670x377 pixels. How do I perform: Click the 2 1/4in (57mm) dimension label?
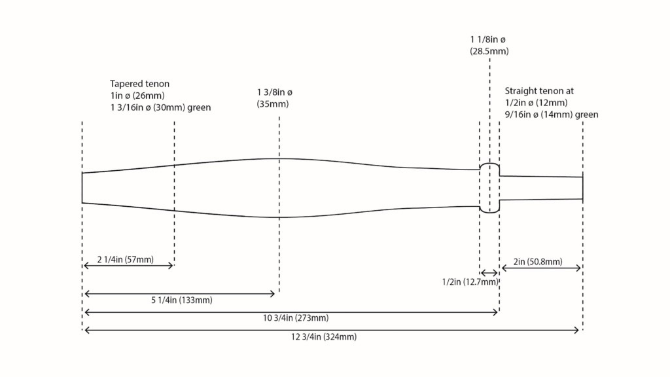[x=125, y=259]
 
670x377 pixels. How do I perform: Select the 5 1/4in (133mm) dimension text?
[x=182, y=300]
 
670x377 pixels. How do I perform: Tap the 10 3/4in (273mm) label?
[x=296, y=318]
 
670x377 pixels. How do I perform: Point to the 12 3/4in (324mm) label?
[x=324, y=337]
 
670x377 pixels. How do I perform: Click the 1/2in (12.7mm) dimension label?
[x=470, y=282]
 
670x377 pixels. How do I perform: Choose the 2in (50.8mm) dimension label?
[x=538, y=262]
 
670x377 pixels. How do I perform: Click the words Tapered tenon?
[x=140, y=84]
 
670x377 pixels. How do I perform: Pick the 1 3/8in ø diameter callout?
[x=275, y=92]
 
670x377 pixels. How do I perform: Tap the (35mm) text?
[x=273, y=104]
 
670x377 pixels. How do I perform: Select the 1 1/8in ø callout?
[x=488, y=39]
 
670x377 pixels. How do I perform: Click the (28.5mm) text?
[x=489, y=51]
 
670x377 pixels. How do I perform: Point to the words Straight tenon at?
[x=539, y=91]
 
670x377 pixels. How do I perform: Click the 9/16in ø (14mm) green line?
[x=552, y=115]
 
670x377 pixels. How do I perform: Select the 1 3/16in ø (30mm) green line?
[x=161, y=107]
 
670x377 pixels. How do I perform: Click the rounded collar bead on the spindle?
[x=489, y=188]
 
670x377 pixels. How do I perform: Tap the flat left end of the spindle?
[x=82, y=188]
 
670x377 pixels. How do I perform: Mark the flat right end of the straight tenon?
[x=582, y=188]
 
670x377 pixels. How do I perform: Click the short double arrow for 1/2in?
[x=489, y=273]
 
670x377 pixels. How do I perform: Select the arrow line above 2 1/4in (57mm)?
[x=128, y=266]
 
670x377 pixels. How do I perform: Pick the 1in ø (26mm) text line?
[x=137, y=96]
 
